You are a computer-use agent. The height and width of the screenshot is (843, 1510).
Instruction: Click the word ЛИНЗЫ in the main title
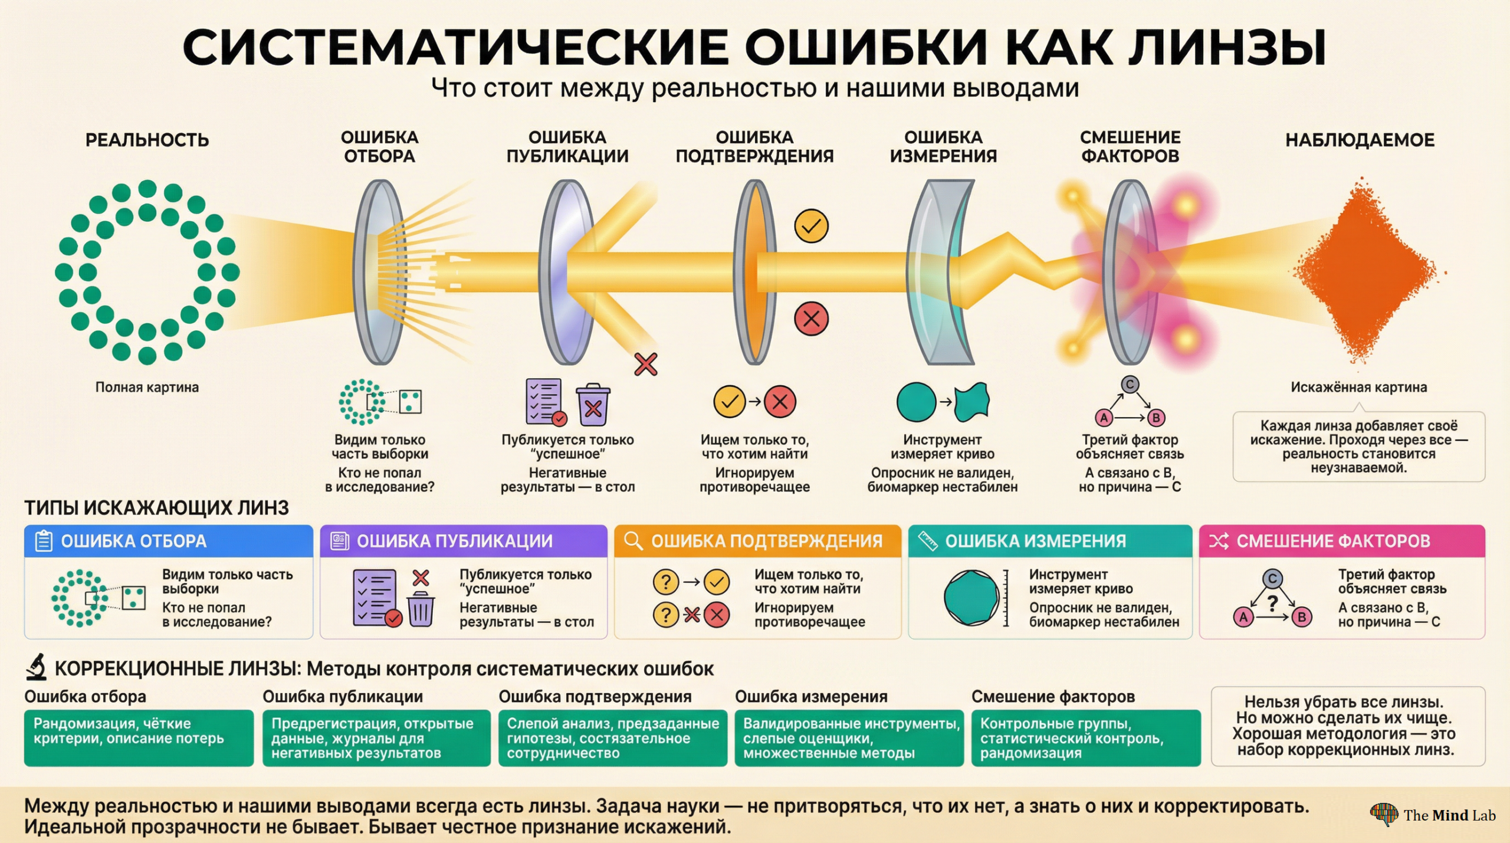pos(1227,47)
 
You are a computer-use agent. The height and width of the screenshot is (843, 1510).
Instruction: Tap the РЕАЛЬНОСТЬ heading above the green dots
pos(147,140)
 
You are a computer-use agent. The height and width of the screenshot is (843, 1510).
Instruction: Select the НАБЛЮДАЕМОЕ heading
pos(1360,140)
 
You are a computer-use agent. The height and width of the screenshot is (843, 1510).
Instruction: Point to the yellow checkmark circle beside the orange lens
pos(811,226)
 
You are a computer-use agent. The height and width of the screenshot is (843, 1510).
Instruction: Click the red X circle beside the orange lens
pos(811,319)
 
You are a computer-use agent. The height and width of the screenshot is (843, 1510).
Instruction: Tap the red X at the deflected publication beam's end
pos(646,364)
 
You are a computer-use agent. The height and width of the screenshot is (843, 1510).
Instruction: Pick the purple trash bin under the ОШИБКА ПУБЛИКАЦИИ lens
pos(593,405)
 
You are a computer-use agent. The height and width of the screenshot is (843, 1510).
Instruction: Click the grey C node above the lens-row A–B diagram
pos(1130,385)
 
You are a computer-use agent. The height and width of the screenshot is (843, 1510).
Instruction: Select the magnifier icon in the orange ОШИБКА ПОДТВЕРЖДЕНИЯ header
pos(633,540)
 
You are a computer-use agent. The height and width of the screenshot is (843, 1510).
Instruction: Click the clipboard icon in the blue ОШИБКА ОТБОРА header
pos(44,540)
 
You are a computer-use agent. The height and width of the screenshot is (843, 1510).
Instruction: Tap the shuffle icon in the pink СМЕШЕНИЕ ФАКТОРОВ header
pos(1219,540)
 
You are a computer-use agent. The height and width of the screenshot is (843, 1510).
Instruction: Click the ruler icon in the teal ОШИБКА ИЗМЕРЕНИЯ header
pos(928,540)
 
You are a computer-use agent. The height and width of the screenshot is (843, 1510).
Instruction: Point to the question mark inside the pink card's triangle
pos(1272,603)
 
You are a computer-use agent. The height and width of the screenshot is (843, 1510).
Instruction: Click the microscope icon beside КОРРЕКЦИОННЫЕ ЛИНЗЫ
pos(37,667)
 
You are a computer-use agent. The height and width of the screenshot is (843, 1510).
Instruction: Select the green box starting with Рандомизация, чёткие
pos(139,737)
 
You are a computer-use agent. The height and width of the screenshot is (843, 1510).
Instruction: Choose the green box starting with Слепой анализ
pos(612,737)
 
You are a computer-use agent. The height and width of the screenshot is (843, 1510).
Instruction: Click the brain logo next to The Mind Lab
pos(1384,814)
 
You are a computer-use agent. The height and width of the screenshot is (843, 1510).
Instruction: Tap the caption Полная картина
pos(147,387)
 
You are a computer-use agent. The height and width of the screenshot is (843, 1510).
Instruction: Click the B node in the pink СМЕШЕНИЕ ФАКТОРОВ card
pos(1301,617)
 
